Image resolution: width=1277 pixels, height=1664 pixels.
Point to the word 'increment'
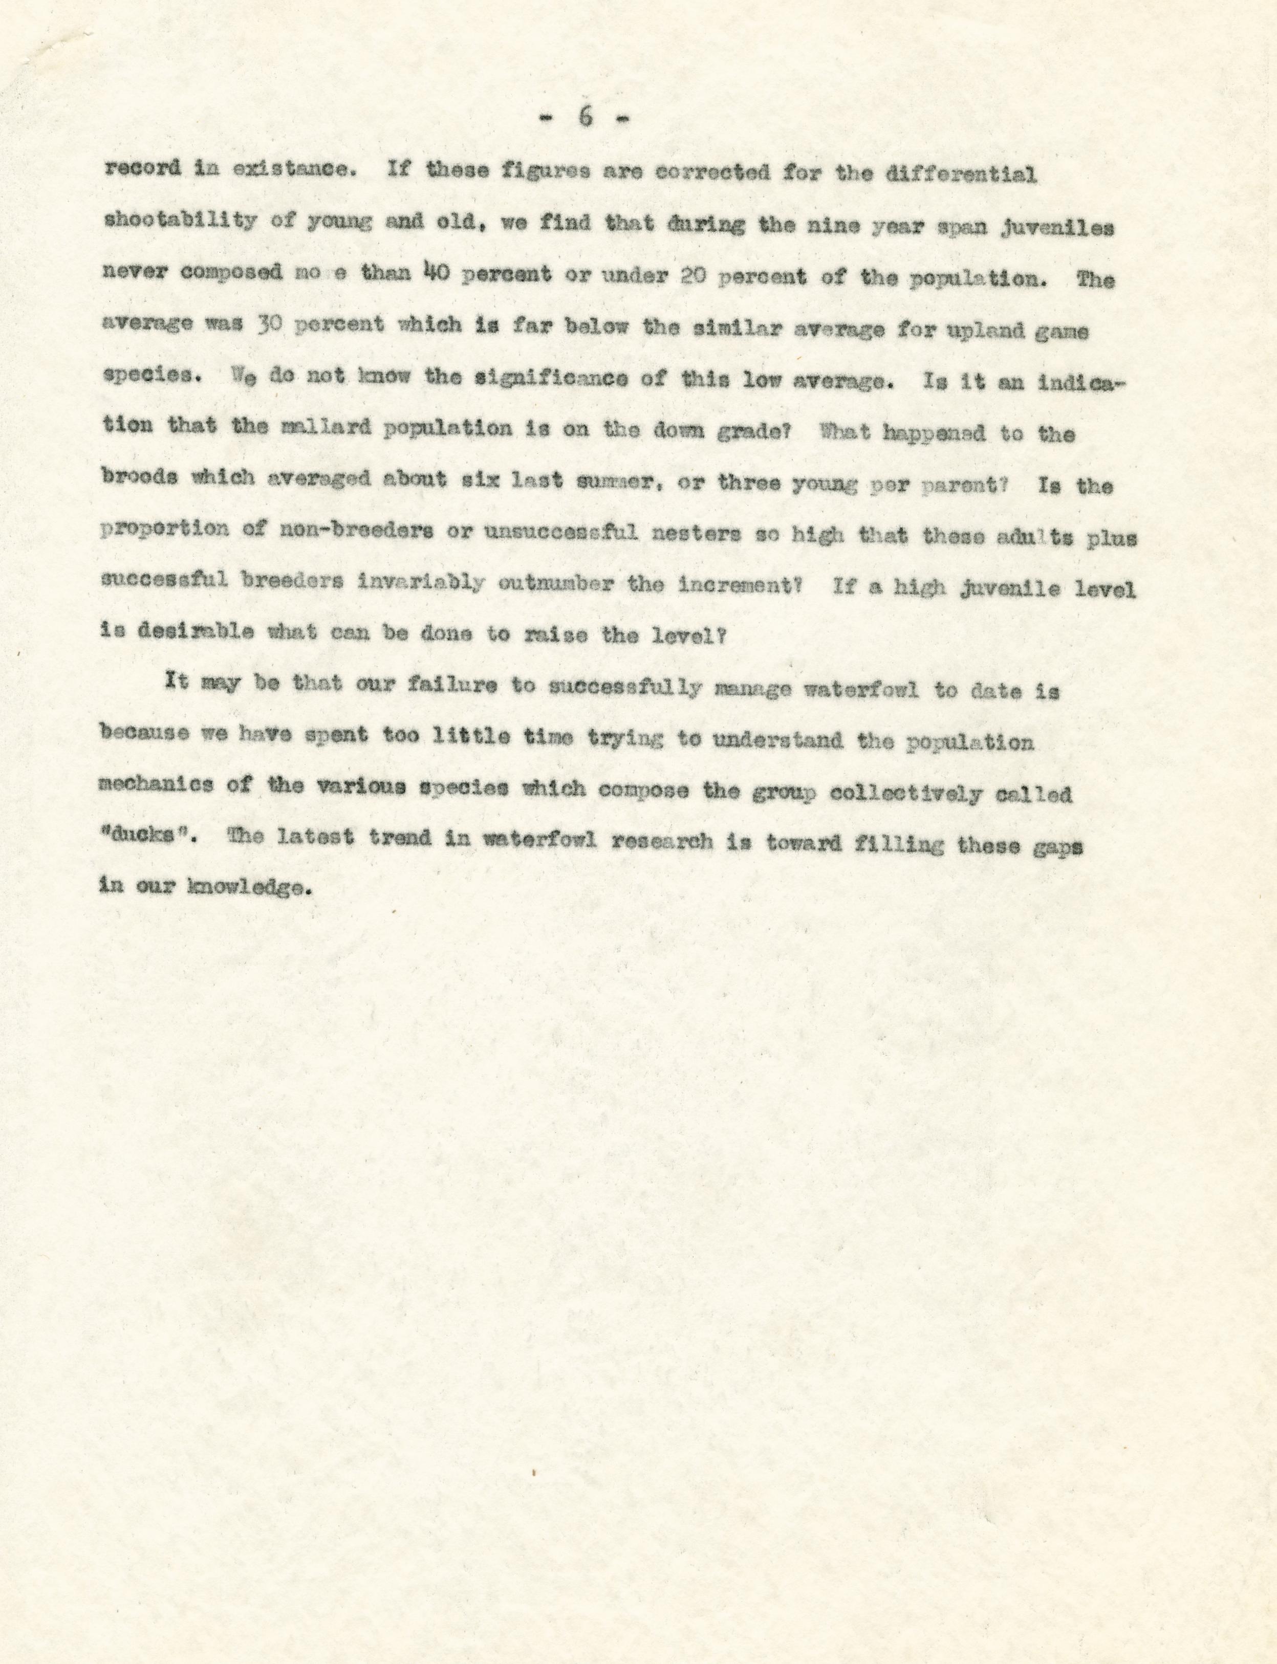click(733, 585)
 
